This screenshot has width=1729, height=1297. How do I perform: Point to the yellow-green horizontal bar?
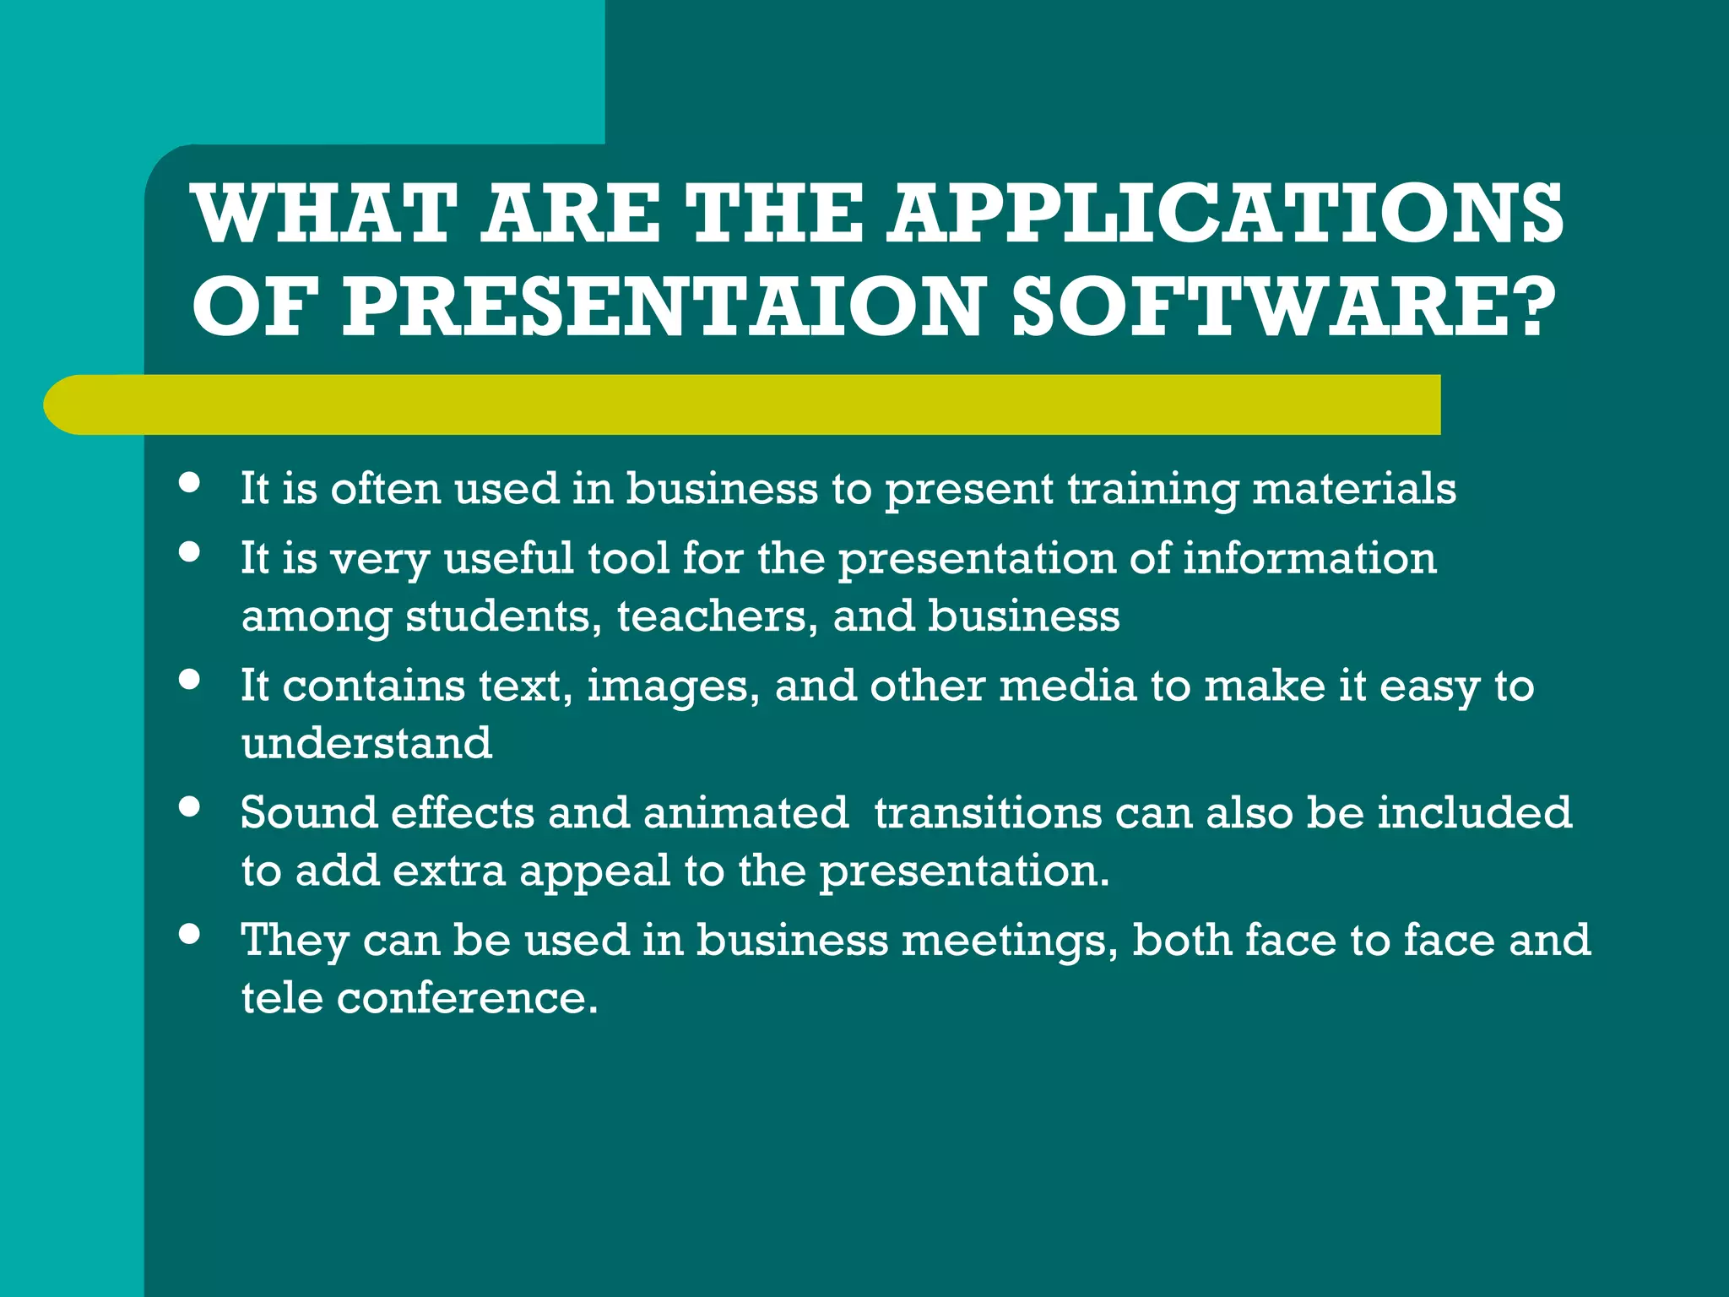tap(743, 404)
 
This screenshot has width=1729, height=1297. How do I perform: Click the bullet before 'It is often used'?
tap(190, 483)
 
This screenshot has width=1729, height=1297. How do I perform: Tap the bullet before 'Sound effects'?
tap(190, 806)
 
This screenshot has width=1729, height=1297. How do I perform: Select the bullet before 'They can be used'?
tap(190, 934)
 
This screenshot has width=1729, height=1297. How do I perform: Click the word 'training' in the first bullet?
tap(1152, 490)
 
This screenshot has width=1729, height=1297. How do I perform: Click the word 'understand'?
tap(366, 743)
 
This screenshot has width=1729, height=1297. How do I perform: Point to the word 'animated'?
tap(745, 812)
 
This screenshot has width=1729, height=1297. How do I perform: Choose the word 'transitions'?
tap(988, 812)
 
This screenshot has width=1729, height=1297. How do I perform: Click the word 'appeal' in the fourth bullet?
tap(594, 871)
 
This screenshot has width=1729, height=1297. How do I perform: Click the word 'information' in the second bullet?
tap(1309, 558)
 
